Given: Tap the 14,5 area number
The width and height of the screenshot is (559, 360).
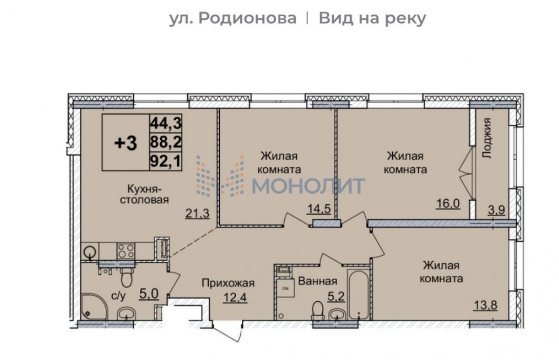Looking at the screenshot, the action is [319, 209].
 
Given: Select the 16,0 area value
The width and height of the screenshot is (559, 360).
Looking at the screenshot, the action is [448, 204].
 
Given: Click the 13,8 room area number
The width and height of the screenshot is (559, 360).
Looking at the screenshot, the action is [485, 305].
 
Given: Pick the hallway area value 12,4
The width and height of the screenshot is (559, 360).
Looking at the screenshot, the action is [235, 298].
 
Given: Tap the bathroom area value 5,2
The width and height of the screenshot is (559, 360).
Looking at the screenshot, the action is [337, 297].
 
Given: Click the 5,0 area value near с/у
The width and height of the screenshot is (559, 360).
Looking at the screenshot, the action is [149, 294].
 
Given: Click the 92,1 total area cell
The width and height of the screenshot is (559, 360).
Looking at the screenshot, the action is [165, 162].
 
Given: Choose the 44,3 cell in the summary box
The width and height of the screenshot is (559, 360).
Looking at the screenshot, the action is [165, 123].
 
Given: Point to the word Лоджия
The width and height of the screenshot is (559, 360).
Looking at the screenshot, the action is [487, 138].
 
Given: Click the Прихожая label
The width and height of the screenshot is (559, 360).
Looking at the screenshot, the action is [228, 283].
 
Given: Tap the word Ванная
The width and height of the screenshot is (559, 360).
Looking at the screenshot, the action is [318, 281].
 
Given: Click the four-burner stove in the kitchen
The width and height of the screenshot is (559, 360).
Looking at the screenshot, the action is [126, 251].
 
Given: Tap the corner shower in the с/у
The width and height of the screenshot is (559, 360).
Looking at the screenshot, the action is [94, 307].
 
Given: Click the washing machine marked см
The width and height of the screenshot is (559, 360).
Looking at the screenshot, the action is [286, 288].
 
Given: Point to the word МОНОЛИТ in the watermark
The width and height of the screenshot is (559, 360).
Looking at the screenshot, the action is [309, 185].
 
